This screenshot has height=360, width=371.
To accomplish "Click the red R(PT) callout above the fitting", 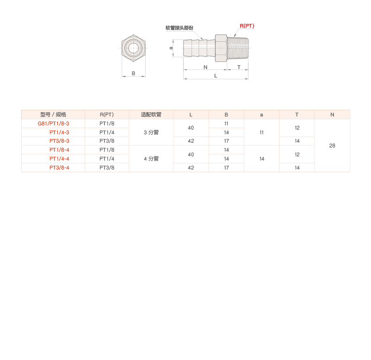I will [x=247, y=26].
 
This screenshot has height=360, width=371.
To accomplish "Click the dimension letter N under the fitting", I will [x=205, y=68].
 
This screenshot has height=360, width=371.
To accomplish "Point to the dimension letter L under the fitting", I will [x=216, y=76].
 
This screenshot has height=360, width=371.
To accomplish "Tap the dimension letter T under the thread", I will [x=239, y=68].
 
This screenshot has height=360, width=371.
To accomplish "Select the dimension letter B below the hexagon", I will [x=133, y=74].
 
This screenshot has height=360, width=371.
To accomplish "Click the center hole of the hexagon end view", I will [x=134, y=47].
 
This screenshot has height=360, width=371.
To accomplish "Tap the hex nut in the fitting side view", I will [x=221, y=47].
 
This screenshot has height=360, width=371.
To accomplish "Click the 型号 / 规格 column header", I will [x=53, y=115].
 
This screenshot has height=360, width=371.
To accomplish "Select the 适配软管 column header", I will [x=151, y=115].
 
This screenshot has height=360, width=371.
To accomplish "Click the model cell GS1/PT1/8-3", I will [x=54, y=123].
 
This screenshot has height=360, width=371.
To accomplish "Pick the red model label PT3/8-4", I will [x=60, y=168].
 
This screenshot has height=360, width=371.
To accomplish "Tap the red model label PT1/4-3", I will [x=60, y=132].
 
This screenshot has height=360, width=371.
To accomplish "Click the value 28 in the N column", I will [x=332, y=146].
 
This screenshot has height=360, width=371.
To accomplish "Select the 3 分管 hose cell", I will [x=151, y=132].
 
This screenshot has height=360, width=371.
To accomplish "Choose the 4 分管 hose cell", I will [x=151, y=159].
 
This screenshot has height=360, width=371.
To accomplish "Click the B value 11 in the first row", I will [x=226, y=123].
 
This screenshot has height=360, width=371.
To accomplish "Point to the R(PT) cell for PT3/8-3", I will [x=107, y=141].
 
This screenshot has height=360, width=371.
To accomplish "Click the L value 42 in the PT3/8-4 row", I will [x=191, y=168].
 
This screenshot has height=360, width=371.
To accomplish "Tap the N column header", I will [x=332, y=115].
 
